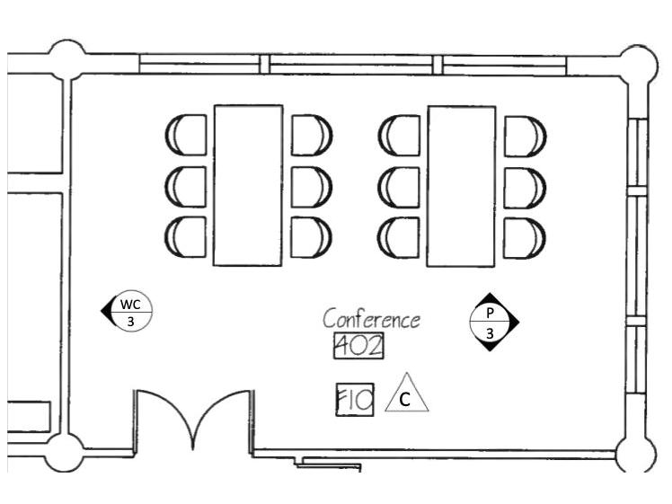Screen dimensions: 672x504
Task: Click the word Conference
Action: [371, 319]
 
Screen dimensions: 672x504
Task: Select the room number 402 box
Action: [358, 345]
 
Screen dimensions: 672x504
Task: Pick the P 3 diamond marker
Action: [493, 322]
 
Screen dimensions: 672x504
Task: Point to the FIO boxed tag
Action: [354, 400]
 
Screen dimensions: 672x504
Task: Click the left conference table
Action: [247, 185]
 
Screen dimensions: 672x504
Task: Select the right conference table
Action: [461, 185]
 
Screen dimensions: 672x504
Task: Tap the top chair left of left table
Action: [186, 135]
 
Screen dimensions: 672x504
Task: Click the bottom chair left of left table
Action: [186, 235]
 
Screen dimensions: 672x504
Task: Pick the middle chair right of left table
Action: [311, 186]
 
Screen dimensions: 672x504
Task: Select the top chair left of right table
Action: [400, 135]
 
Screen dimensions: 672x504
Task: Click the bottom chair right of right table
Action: [525, 236]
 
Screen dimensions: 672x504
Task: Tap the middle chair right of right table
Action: [525, 186]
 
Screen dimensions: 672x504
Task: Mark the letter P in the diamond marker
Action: [491, 313]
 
